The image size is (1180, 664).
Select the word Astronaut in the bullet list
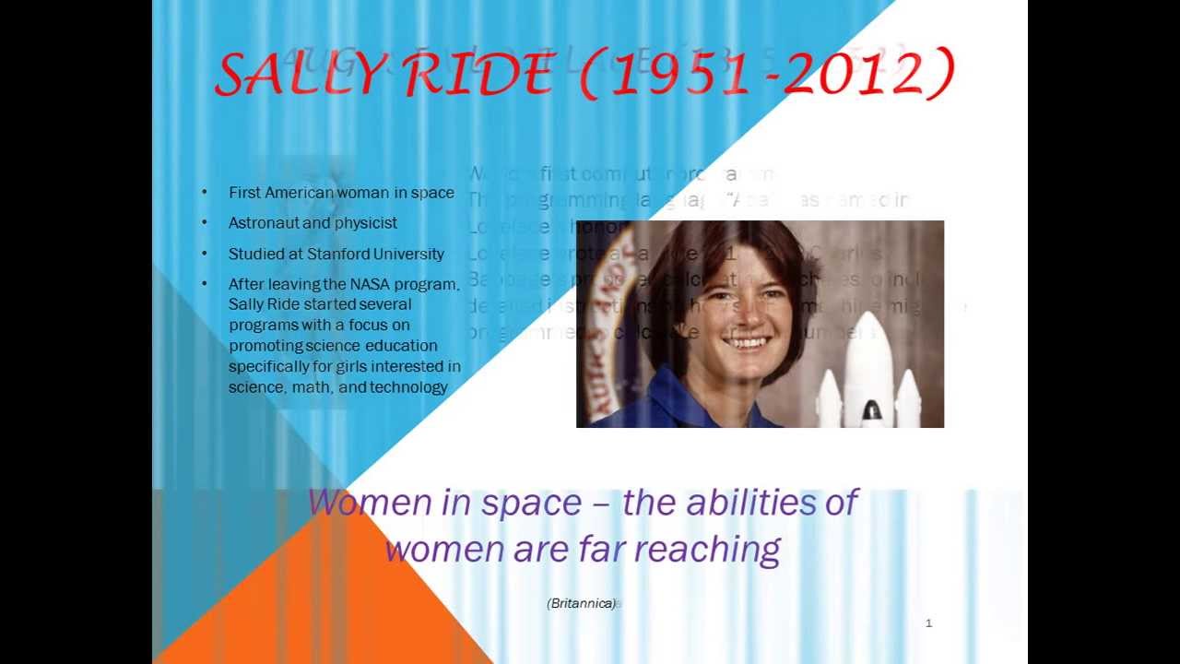264,223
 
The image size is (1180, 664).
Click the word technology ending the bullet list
408,387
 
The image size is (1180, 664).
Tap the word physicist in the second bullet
365,223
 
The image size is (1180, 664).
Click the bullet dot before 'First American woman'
205,193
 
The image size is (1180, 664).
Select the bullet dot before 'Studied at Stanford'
205,254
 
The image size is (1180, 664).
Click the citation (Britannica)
581,603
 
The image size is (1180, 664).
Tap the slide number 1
928,623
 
